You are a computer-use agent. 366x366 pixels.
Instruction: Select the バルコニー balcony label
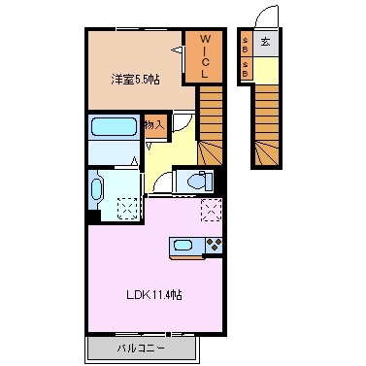click(142, 347)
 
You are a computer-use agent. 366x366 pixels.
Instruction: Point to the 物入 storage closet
click(152, 124)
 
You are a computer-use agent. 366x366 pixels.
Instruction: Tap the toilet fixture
click(195, 182)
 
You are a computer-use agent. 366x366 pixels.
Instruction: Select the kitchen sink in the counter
click(185, 245)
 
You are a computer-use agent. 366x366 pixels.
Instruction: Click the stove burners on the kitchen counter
click(213, 245)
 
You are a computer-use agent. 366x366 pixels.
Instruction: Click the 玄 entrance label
click(264, 43)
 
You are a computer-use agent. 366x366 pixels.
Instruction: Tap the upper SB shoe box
click(246, 45)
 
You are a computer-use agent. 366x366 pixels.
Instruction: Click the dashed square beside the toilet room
click(211, 210)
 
